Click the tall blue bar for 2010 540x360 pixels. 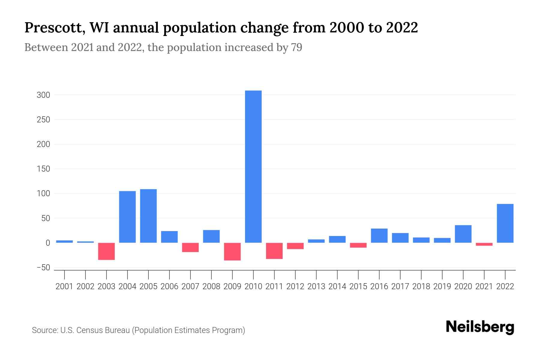click(253, 166)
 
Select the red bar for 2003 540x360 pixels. click(106, 251)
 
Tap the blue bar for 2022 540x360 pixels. click(505, 223)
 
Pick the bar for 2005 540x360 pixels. click(148, 216)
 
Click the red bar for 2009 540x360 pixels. click(232, 251)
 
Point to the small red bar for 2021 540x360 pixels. click(484, 244)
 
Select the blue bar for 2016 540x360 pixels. click(379, 235)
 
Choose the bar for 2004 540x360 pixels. click(127, 217)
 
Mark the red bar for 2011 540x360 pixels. click(274, 251)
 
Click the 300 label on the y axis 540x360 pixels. click(43, 95)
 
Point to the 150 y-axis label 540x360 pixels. click(43, 169)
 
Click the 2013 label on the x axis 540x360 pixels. click(316, 286)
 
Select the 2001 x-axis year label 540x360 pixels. click(64, 286)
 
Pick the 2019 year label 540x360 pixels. click(442, 286)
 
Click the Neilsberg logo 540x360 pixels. click(480, 327)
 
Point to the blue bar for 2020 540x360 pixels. click(463, 234)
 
